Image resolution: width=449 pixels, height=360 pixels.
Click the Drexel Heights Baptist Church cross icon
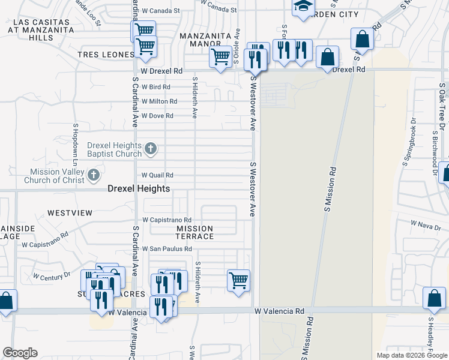151,148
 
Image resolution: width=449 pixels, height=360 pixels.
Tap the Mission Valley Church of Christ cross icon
93,175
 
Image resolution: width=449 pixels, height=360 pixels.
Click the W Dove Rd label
157,116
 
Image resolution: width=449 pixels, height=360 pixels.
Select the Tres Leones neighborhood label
106,55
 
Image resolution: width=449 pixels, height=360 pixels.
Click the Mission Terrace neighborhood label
194,232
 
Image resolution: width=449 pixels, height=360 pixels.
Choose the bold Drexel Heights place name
139,188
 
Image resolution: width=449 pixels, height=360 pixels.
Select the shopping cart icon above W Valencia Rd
238,280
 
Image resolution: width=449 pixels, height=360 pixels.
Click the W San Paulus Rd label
166,249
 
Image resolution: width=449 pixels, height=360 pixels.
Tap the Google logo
20,353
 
